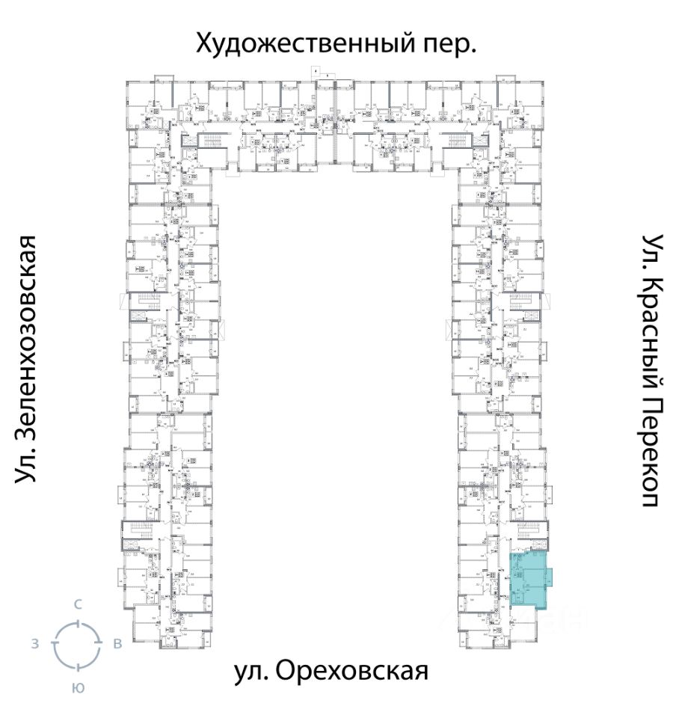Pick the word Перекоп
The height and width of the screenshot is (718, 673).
click(652, 449)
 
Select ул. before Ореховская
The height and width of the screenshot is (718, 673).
click(250, 671)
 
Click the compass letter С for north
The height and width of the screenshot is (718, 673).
click(77, 604)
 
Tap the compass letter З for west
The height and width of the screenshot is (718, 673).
click(34, 644)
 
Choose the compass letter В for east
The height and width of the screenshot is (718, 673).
click(117, 644)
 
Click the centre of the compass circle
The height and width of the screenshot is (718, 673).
click(77, 644)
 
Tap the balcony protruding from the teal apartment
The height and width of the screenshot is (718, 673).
click(550, 577)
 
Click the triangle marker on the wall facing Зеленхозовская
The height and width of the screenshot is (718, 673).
click(124, 302)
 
